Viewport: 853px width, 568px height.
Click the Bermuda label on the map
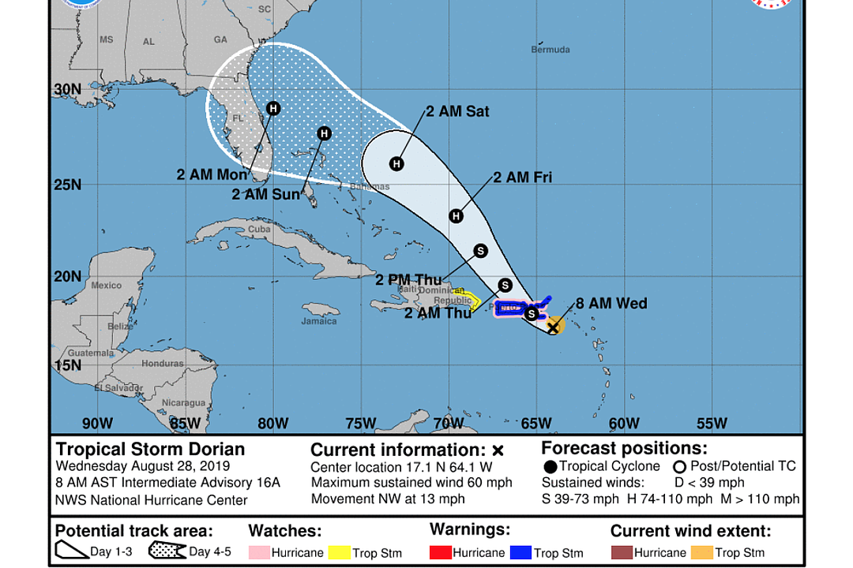[x=550, y=50]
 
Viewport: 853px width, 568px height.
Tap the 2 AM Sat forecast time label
[x=457, y=112]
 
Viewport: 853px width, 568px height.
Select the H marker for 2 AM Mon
[x=273, y=109]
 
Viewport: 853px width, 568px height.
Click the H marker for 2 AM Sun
[x=324, y=134]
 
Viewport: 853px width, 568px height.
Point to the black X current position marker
[x=554, y=324]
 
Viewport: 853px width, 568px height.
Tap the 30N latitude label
[x=68, y=89]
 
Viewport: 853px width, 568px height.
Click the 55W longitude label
[x=712, y=424]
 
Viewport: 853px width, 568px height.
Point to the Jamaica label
[x=319, y=321]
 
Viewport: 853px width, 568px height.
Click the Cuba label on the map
[x=259, y=230]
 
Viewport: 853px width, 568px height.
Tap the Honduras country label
[x=163, y=364]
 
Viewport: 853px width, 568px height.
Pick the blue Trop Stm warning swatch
[x=520, y=552]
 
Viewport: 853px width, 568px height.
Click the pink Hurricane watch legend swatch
[x=259, y=552]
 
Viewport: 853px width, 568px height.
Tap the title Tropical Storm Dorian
[x=150, y=450]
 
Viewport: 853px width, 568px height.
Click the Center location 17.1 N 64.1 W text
[x=401, y=467]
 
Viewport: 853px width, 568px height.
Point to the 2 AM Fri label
[x=522, y=178]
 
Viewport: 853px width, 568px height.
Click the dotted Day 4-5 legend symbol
[x=167, y=551]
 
